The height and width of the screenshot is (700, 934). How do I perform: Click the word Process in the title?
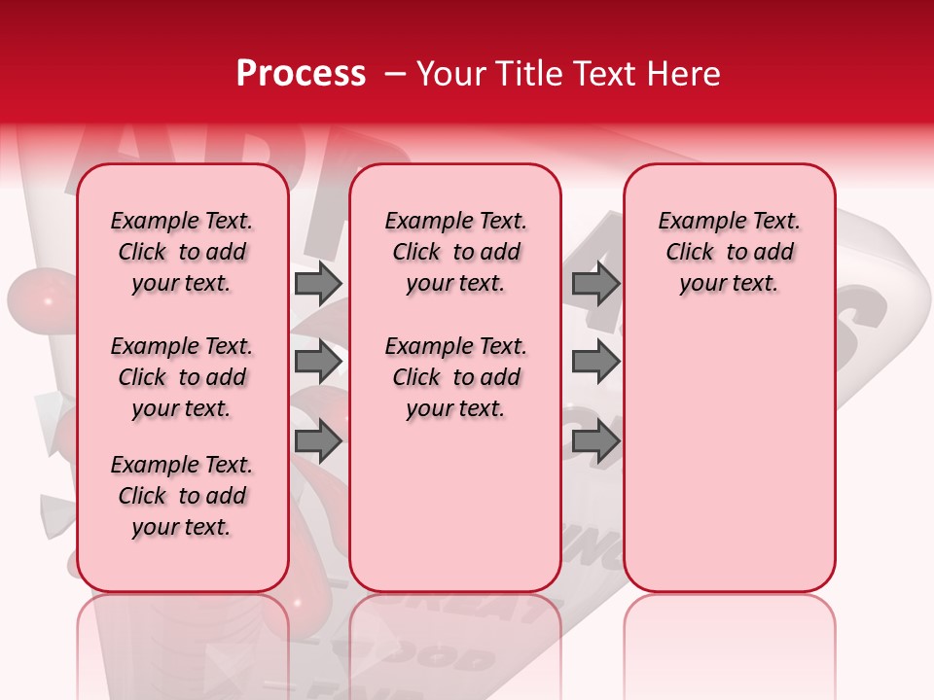click(x=300, y=74)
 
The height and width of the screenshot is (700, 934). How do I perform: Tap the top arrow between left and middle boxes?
click(x=317, y=283)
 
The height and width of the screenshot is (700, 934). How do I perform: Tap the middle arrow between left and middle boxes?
click(x=317, y=363)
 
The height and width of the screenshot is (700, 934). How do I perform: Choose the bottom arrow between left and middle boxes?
click(x=317, y=442)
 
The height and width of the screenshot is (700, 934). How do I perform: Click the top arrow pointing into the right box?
click(x=595, y=283)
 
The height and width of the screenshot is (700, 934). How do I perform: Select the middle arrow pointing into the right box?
click(x=595, y=363)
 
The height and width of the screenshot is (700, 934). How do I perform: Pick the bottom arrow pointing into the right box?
click(x=595, y=442)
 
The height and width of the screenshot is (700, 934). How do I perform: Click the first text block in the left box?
click(x=182, y=252)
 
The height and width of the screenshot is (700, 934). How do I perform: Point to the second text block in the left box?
click(x=182, y=377)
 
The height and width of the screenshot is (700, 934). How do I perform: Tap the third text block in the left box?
click(x=182, y=496)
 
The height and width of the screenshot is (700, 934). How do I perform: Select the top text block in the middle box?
click(x=455, y=252)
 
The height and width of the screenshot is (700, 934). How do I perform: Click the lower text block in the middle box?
click(x=455, y=377)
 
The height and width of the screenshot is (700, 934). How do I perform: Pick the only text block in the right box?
click(x=729, y=252)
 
